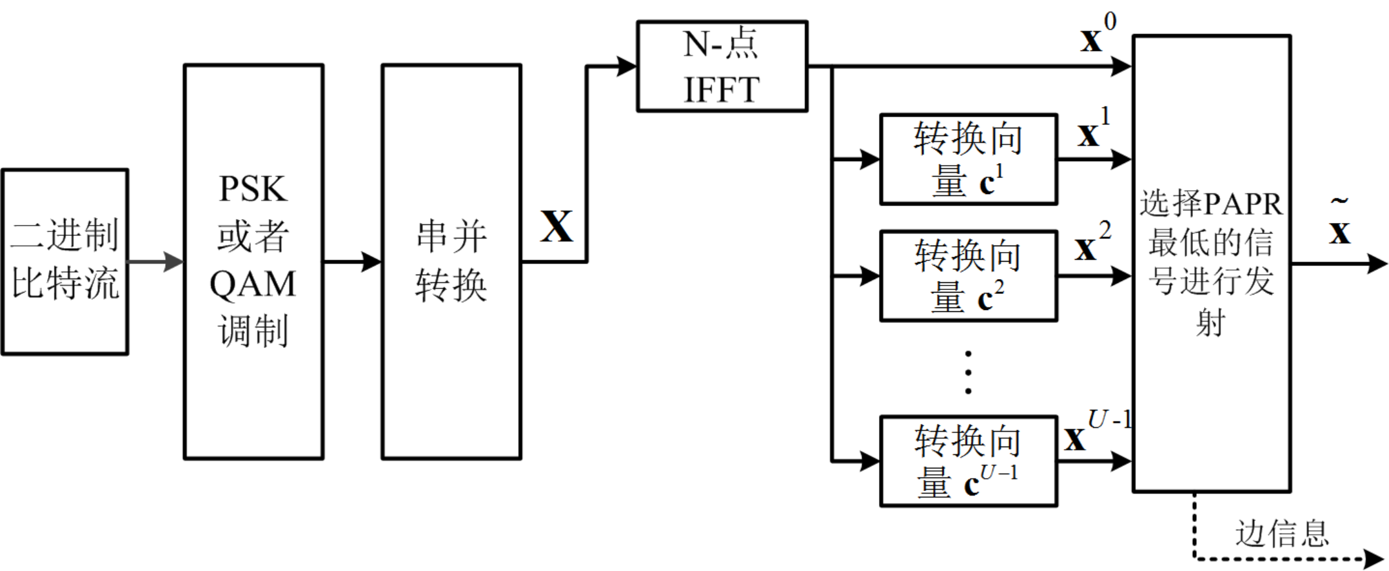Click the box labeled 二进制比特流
[x=64, y=262]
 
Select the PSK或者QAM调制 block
[x=253, y=262]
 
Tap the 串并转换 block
[x=451, y=262]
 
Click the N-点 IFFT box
[x=722, y=66]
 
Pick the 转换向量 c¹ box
[x=968, y=159]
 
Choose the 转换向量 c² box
[x=968, y=276]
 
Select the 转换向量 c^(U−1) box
[x=968, y=461]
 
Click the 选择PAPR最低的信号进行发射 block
[x=1211, y=263]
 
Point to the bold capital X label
[x=557, y=227]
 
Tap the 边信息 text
[x=1281, y=534]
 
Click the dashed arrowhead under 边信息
[x=1374, y=558]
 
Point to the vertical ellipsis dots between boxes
[x=967, y=373]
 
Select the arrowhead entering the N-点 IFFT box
[x=627, y=66]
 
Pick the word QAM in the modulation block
[x=253, y=284]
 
